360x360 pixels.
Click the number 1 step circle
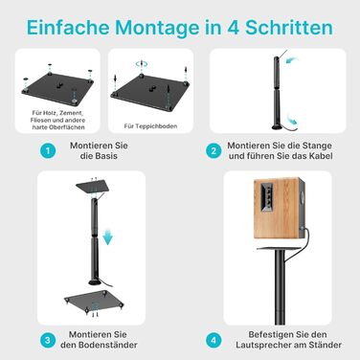click(x=48, y=150)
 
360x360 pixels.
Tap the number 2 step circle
click(x=214, y=150)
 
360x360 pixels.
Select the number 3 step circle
click(x=48, y=340)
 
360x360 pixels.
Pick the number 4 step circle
click(x=214, y=340)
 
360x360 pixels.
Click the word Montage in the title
click(x=157, y=28)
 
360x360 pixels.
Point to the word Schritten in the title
click(x=289, y=28)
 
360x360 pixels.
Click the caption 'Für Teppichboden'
click(x=150, y=126)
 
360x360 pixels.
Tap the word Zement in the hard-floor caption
click(x=73, y=113)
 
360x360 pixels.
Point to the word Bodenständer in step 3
click(x=108, y=345)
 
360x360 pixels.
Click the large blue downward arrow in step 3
click(x=108, y=236)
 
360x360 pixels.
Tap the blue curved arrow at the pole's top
click(x=292, y=60)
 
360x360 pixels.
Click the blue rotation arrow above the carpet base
click(x=141, y=64)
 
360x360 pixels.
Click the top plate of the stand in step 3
click(x=93, y=187)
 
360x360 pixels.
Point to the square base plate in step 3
click(x=94, y=301)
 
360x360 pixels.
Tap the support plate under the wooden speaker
click(x=281, y=248)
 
